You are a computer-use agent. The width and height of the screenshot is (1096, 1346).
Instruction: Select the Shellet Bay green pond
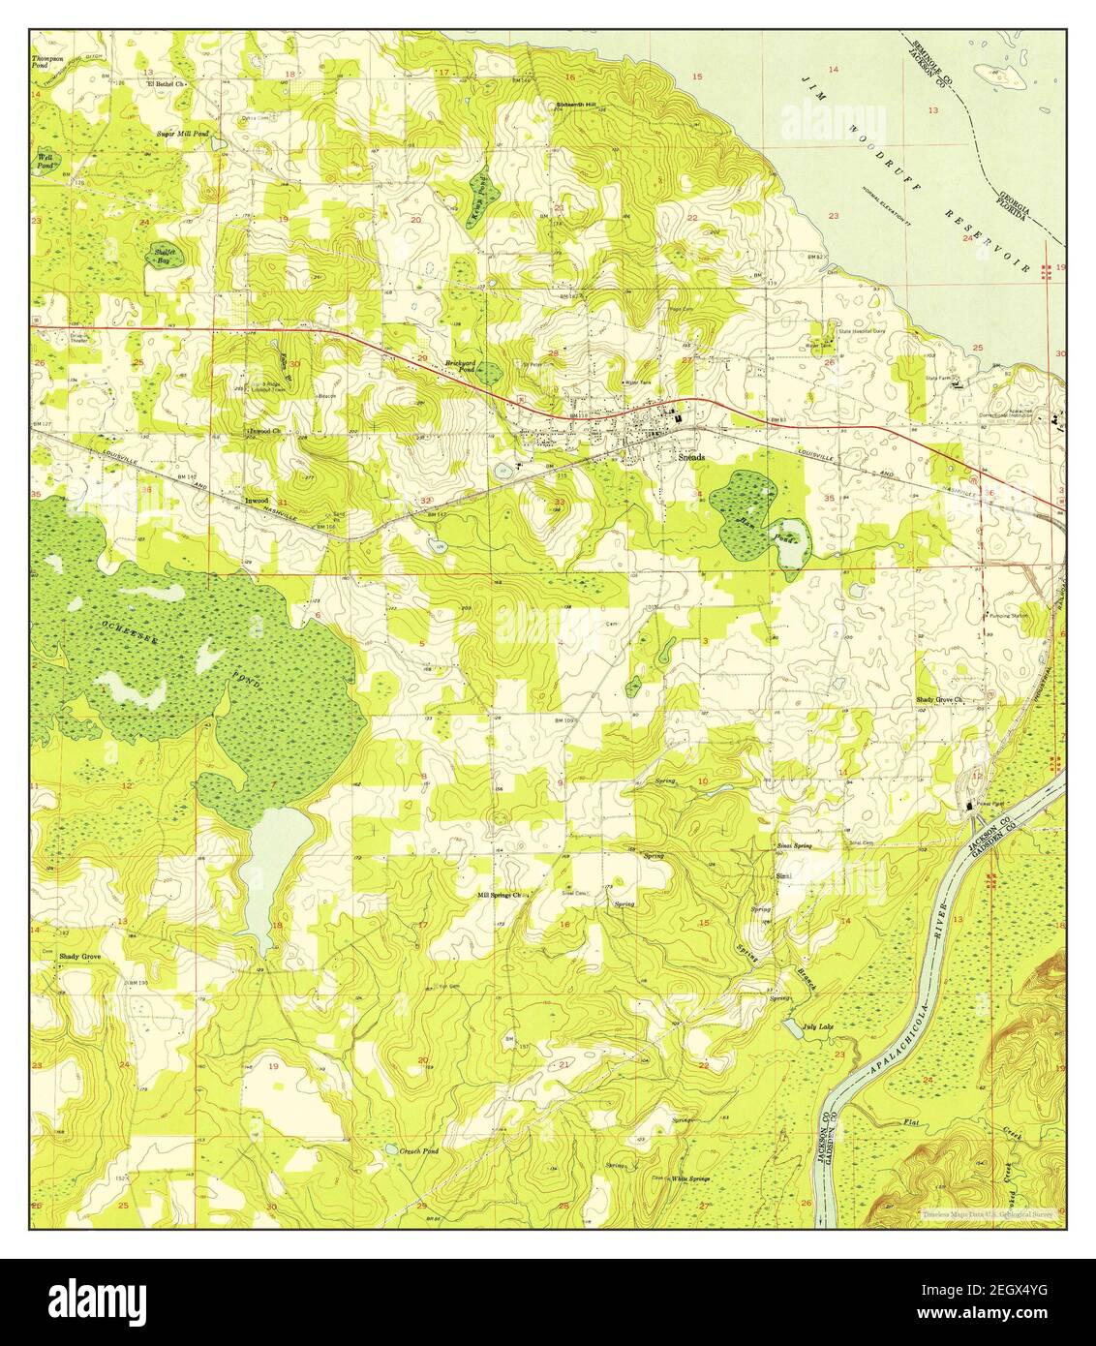162,254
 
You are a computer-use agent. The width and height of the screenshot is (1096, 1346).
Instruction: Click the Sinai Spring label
794,845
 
